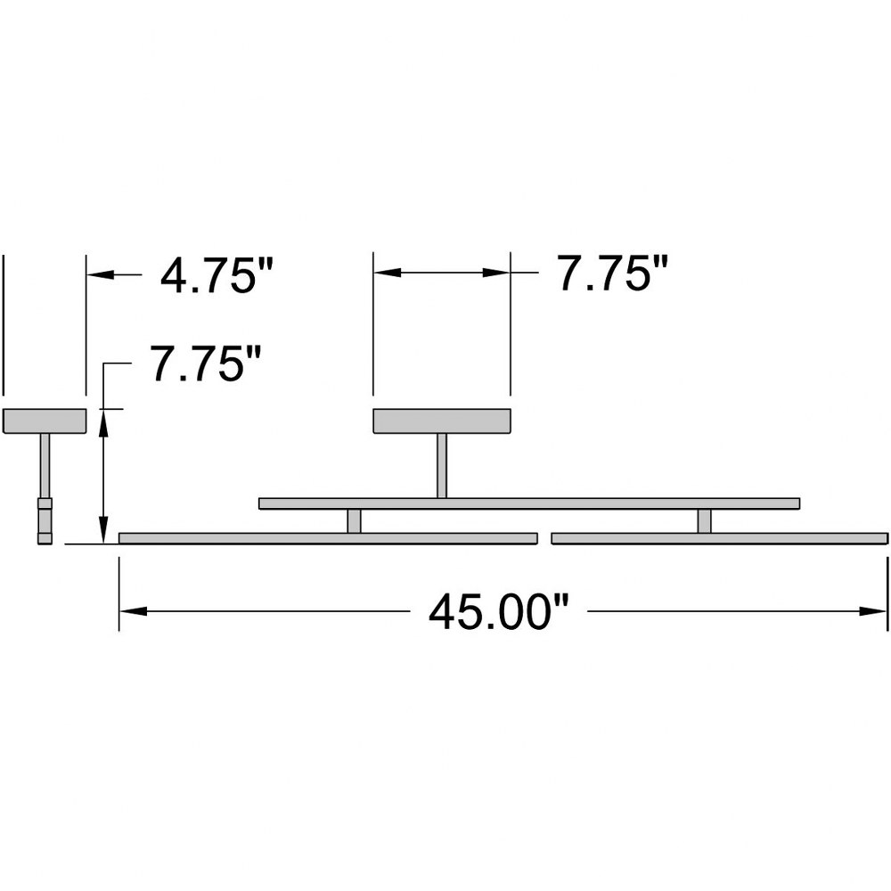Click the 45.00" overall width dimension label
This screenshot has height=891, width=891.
pyautogui.click(x=498, y=612)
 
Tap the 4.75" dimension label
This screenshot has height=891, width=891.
pyautogui.click(x=217, y=275)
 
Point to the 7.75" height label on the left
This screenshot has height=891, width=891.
pyautogui.click(x=205, y=364)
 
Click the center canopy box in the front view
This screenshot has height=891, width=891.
pyautogui.click(x=442, y=421)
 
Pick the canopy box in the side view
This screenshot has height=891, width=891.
pyautogui.click(x=45, y=421)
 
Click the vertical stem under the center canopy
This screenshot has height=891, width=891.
pyautogui.click(x=442, y=466)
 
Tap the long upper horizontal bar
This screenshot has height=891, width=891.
pyautogui.click(x=529, y=503)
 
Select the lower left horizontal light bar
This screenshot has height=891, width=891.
pyautogui.click(x=328, y=538)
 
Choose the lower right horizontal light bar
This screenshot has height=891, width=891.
pyautogui.click(x=719, y=538)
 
